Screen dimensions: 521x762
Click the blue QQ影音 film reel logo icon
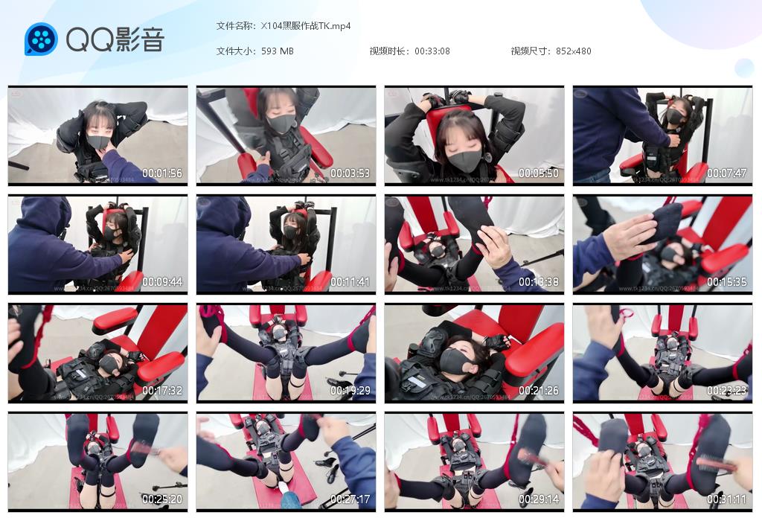point(41,39)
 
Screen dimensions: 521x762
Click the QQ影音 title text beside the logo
point(115,40)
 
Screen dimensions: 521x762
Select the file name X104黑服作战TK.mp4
point(306,26)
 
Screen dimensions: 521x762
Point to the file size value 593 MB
point(278,51)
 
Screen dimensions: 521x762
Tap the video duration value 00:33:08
point(432,51)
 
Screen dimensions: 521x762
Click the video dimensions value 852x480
point(573,51)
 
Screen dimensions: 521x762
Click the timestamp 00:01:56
point(162,173)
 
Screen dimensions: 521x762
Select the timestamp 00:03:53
point(350,173)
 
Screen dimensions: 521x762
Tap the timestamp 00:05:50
point(539,173)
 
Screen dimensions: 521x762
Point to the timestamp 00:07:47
point(727,173)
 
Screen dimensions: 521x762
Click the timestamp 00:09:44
point(162,282)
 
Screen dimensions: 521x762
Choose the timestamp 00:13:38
point(539,282)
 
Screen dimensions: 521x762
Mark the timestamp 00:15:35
point(727,282)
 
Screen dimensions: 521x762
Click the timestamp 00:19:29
point(350,391)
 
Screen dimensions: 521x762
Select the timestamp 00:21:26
point(539,391)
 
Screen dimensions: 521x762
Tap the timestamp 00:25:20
point(162,499)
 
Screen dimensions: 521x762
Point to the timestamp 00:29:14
point(539,499)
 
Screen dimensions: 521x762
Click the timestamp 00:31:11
point(727,499)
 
